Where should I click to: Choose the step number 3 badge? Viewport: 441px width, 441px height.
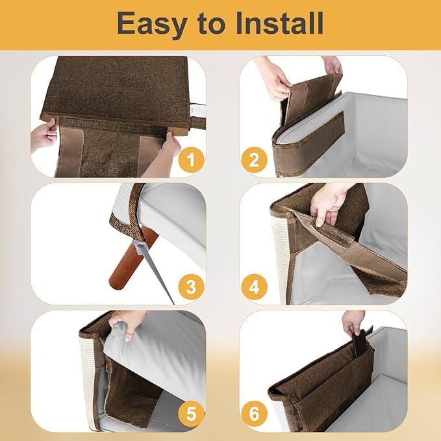[x=190, y=286]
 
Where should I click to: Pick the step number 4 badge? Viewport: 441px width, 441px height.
[x=255, y=286]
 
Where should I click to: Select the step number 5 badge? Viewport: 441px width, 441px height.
[x=190, y=413]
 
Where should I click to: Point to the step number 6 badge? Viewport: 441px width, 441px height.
[x=255, y=413]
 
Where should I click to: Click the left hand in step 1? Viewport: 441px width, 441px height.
[x=44, y=134]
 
